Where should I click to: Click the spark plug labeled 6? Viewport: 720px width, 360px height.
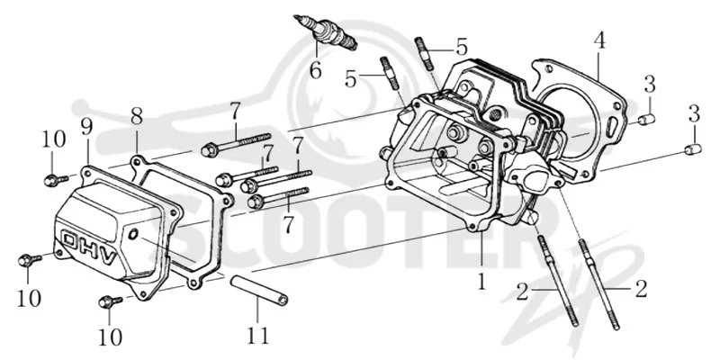[326, 31]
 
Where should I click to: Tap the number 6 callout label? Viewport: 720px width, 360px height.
[316, 70]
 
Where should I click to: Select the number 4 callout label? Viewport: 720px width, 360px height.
[598, 40]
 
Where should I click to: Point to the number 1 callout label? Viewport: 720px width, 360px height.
[481, 281]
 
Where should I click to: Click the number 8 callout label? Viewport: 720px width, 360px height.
[137, 117]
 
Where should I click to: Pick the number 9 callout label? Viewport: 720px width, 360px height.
[86, 126]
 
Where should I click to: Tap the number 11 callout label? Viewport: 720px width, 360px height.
[257, 336]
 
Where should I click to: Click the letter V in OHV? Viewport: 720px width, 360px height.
[109, 258]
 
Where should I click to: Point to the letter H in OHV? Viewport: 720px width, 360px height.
[90, 249]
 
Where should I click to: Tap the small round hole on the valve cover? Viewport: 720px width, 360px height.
[133, 235]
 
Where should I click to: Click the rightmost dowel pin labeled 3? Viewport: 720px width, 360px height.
[692, 149]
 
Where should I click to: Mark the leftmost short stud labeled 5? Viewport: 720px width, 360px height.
[389, 73]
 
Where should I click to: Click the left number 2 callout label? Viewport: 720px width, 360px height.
[522, 292]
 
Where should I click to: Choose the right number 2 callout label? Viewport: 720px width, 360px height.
[641, 289]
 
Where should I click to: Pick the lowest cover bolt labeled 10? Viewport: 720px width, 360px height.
[110, 301]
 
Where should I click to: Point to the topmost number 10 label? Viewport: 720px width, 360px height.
[54, 139]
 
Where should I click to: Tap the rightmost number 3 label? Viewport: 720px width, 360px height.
[694, 113]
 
